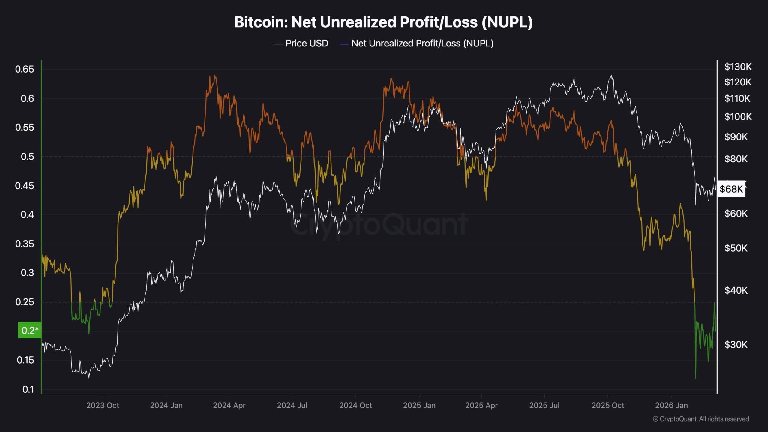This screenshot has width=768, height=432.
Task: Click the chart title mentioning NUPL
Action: point(383,22)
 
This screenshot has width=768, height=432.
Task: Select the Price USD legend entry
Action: point(301,43)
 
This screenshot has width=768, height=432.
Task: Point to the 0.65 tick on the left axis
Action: point(25,69)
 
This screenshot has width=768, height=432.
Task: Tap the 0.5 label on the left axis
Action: point(27,157)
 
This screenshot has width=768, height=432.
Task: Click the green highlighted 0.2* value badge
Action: point(30,330)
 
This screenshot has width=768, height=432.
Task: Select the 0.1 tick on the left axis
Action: point(28,389)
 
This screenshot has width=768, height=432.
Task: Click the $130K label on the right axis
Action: point(738,67)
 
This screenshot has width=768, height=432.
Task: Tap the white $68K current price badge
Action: point(731,189)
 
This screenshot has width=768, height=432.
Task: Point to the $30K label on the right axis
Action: point(736,345)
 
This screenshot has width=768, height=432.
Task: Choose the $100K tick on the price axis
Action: point(738,116)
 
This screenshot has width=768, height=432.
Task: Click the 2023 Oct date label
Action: point(103,405)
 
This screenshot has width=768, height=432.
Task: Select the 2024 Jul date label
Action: point(292,405)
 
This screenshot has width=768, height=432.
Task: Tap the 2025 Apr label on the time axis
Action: point(481,405)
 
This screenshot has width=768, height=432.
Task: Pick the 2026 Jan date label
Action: point(671,405)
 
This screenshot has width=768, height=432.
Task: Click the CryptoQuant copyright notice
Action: point(701,419)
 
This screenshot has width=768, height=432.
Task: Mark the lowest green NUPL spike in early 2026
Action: point(695,378)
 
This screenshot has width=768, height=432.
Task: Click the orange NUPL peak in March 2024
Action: point(215,76)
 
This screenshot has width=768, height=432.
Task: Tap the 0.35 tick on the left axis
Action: point(25,244)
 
